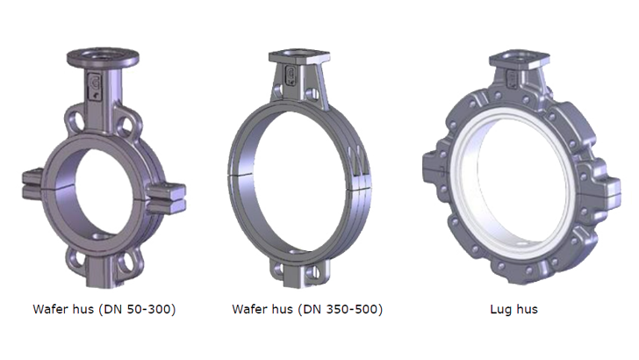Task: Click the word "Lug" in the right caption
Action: (501, 309)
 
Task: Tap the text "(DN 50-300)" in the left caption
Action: (137, 309)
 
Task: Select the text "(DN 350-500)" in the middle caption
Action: (341, 309)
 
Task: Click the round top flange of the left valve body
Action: (103, 57)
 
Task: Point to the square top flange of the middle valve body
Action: (299, 56)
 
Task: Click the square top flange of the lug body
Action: (520, 59)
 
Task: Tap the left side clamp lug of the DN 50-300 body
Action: (32, 184)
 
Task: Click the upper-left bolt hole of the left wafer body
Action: (75, 121)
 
